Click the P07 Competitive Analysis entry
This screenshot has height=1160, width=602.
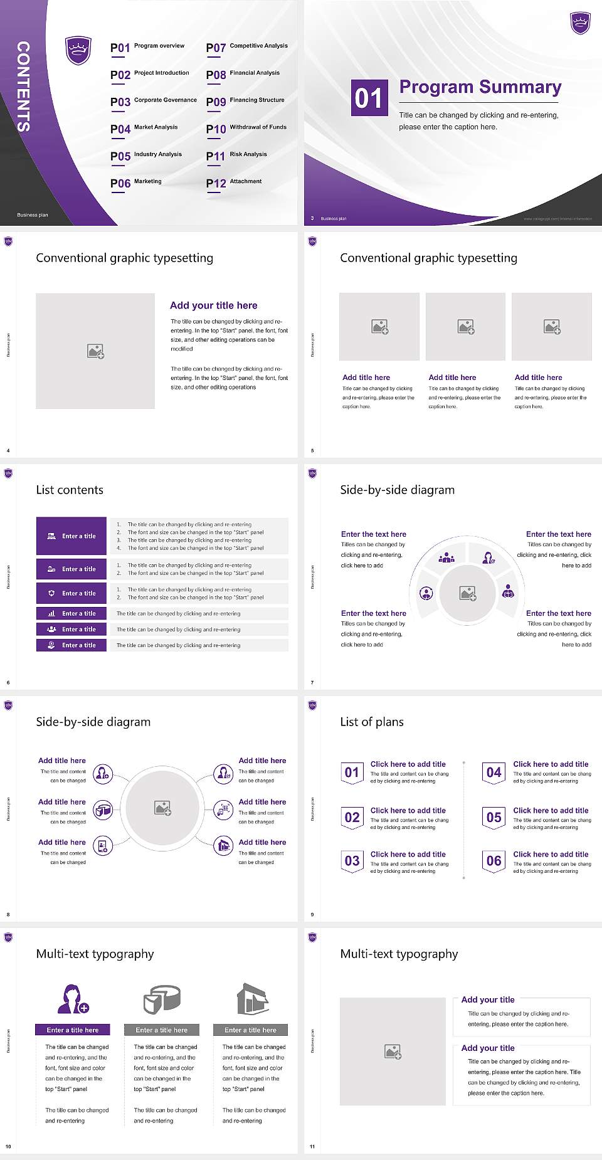point(247,47)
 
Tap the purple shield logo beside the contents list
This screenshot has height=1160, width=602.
point(78,50)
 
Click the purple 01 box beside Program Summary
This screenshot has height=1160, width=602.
point(369,98)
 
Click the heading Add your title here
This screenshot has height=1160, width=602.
point(213,305)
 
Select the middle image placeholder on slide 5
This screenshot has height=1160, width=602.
point(465,327)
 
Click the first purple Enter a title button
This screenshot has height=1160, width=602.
point(71,536)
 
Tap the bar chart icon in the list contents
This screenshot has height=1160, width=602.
point(51,614)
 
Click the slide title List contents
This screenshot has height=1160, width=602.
point(70,490)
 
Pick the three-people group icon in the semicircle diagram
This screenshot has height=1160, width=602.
point(446,557)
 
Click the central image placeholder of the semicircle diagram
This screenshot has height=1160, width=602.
point(467,593)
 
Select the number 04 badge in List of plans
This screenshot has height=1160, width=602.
point(494,772)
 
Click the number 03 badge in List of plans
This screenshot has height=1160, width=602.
point(352,861)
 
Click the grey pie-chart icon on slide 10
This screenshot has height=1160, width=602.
point(162,999)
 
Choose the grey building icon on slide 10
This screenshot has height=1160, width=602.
point(253,999)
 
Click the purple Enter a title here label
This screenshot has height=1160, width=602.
point(72,1030)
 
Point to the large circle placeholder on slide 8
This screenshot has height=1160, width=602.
point(162,808)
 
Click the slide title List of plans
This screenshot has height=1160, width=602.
point(372,722)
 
